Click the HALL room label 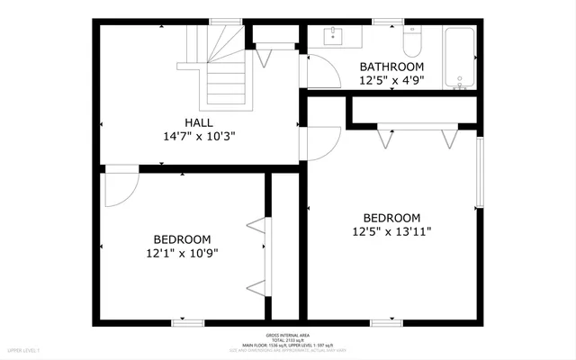click(x=198, y=121)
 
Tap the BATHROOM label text click(x=391, y=67)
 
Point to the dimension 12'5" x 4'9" click(x=391, y=80)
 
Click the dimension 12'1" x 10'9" click(x=182, y=253)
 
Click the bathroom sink click(x=335, y=35)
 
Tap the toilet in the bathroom click(x=412, y=41)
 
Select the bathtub click(x=459, y=57)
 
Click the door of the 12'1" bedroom click(x=120, y=184)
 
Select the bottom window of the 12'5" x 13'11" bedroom click(x=385, y=320)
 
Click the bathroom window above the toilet click(x=388, y=22)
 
